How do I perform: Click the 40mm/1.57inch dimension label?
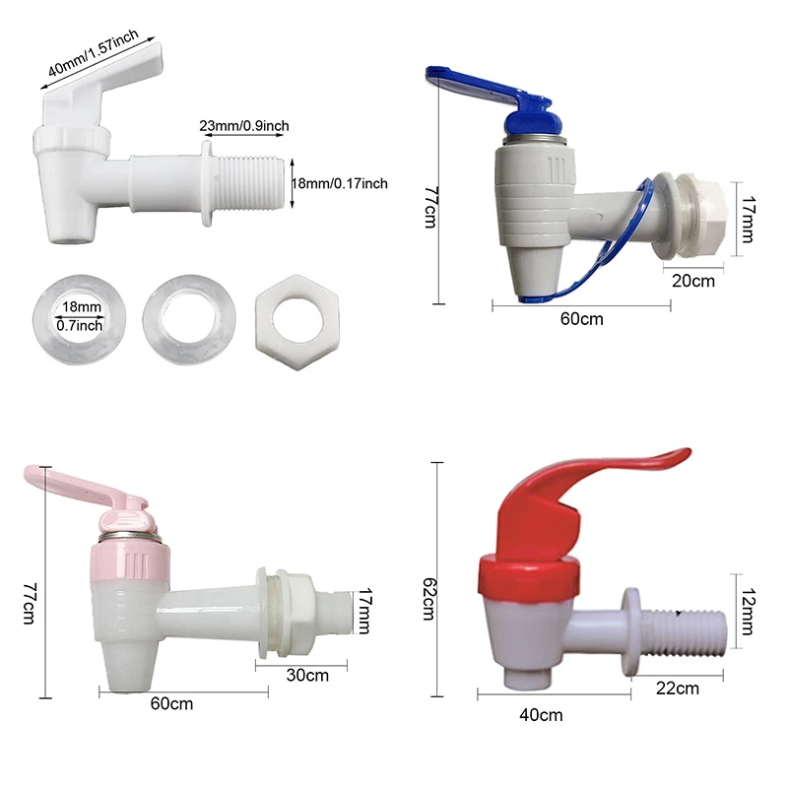tap(93, 52)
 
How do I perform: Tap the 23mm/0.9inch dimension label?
tap(244, 126)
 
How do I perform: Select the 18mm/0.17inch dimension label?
tap(340, 183)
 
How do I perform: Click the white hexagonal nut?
tap(297, 322)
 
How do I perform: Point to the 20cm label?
tap(693, 281)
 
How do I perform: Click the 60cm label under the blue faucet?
tap(581, 319)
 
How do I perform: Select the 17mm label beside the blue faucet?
tap(748, 220)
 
